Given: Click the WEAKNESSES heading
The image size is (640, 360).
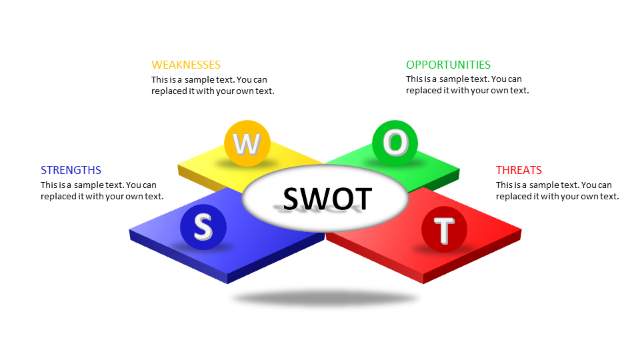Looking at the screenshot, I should pyautogui.click(x=185, y=65).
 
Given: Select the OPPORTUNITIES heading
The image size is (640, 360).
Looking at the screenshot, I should pyautogui.click(x=448, y=65).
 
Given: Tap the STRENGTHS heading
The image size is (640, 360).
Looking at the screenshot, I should pyautogui.click(x=71, y=170).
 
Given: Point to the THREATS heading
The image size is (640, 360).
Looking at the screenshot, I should pyautogui.click(x=519, y=170).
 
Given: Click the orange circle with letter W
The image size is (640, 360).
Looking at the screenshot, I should pyautogui.click(x=246, y=143).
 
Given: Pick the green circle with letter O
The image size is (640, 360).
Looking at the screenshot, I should pyautogui.click(x=395, y=143).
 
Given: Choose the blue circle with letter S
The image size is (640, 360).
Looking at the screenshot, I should pyautogui.click(x=203, y=227).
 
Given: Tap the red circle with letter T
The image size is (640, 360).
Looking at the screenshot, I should pyautogui.click(x=445, y=229).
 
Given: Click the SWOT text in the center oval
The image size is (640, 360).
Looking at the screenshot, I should pyautogui.click(x=327, y=199).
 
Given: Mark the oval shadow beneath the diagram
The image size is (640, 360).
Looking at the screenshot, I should pyautogui.click(x=325, y=298).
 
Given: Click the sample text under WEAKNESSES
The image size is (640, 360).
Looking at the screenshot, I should pyautogui.click(x=213, y=85).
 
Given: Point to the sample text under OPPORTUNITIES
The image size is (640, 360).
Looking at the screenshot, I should pyautogui.click(x=467, y=85).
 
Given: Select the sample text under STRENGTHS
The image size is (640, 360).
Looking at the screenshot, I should pyautogui.click(x=102, y=191).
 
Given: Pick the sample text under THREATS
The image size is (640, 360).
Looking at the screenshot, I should pyautogui.click(x=557, y=191).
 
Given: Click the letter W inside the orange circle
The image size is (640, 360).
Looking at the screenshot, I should pyautogui.click(x=246, y=143).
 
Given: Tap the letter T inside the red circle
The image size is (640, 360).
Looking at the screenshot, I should pyautogui.click(x=445, y=231).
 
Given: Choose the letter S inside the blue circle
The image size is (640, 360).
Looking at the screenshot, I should pyautogui.click(x=203, y=227).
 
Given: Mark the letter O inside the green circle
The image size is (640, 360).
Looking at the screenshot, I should pyautogui.click(x=395, y=142).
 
